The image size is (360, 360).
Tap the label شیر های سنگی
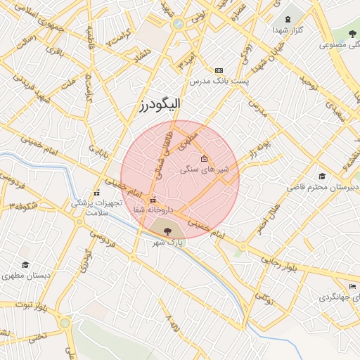[x=205, y=169]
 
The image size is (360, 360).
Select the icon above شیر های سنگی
[x=205, y=158]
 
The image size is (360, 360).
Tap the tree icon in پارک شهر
[x=167, y=230]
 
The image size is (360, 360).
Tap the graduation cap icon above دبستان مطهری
[x=25, y=265]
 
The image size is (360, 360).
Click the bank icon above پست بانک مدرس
[x=219, y=71]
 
